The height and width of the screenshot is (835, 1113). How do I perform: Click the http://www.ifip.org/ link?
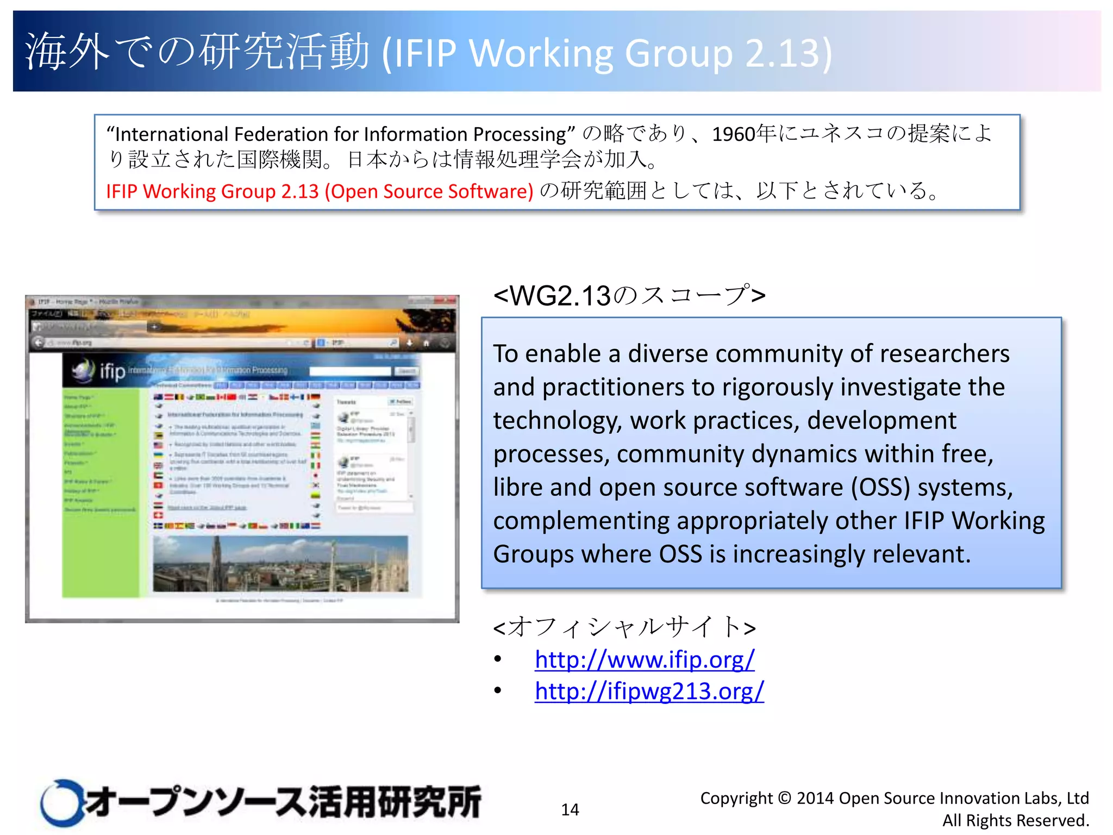point(645,660)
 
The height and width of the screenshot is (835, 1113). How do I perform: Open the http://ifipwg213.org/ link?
point(649,691)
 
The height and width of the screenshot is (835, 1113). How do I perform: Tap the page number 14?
point(570,809)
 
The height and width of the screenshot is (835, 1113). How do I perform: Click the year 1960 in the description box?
point(733,134)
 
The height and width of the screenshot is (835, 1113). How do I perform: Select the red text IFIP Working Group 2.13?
point(212,191)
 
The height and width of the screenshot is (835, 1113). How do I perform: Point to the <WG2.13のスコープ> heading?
point(629,296)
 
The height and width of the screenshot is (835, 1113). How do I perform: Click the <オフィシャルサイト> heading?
point(624,627)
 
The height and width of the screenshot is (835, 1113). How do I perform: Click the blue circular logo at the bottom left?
point(61,803)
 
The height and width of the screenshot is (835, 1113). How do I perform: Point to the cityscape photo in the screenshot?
point(280,564)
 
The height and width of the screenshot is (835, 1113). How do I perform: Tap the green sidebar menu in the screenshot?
point(101,489)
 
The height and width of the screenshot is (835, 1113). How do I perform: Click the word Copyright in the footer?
point(736,798)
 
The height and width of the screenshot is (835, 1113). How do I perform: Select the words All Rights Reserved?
point(1015,820)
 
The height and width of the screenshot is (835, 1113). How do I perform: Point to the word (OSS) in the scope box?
point(880,488)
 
